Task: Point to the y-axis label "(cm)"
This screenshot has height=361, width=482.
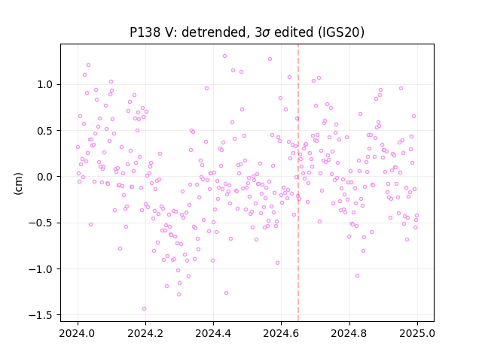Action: tap(18, 184)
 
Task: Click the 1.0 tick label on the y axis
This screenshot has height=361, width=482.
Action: tap(45, 84)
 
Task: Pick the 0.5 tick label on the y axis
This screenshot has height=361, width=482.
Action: tap(45, 131)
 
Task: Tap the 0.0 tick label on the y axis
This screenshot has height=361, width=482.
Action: tap(45, 177)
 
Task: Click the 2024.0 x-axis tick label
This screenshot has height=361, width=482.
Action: tap(78, 333)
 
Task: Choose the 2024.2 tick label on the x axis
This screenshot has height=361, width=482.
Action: tap(145, 333)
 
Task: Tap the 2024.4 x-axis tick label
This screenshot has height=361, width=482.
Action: tap(214, 333)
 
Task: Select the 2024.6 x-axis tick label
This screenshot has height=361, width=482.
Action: tap(281, 333)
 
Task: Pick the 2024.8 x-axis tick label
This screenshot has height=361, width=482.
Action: tap(349, 333)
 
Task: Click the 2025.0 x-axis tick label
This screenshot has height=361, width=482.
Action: tap(417, 333)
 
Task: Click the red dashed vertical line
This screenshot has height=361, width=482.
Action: tap(298, 183)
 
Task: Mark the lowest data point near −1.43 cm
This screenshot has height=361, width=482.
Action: tap(144, 309)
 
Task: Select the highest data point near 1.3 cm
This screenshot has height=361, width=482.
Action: tap(224, 56)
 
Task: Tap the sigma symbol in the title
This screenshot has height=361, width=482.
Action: tap(266, 33)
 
